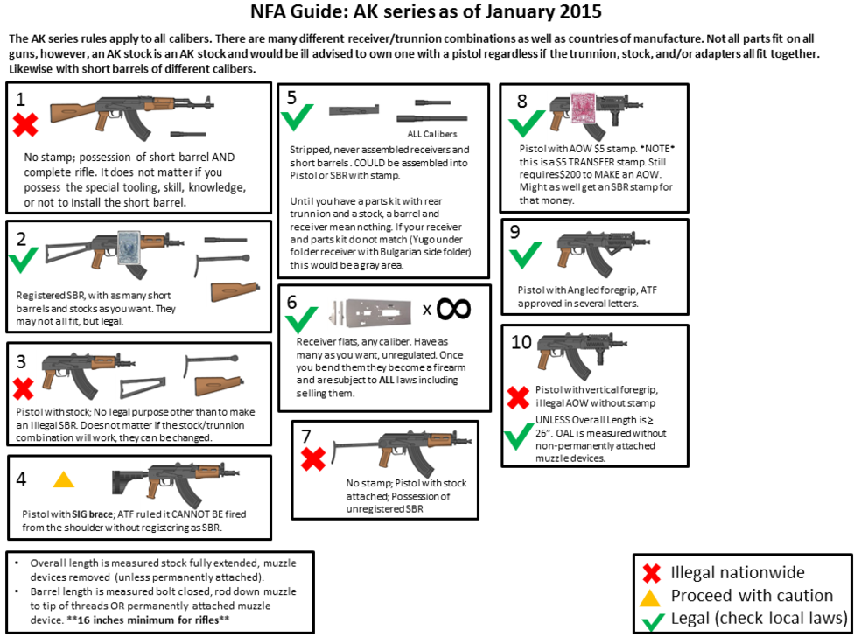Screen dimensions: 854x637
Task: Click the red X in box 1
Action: [x=25, y=124]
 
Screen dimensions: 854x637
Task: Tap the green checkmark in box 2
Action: [x=24, y=260]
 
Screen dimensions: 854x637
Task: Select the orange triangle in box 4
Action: [x=64, y=479]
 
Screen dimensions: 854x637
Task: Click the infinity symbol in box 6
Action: [x=453, y=309]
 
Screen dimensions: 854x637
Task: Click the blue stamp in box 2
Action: [x=129, y=248]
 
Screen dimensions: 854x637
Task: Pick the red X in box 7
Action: [x=313, y=459]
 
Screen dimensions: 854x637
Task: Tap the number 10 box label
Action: [x=521, y=342]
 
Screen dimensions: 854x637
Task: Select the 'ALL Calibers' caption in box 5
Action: [x=432, y=134]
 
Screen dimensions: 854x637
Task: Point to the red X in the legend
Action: [x=651, y=573]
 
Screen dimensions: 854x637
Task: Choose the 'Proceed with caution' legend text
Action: [x=752, y=596]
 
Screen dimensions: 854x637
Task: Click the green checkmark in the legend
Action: [x=652, y=620]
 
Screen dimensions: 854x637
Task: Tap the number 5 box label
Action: [x=291, y=97]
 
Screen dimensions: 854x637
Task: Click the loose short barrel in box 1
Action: [x=188, y=134]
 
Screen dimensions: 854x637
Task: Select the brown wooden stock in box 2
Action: [x=234, y=292]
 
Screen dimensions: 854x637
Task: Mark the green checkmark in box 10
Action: [x=519, y=437]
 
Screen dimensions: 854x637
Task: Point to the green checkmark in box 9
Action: [x=526, y=255]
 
